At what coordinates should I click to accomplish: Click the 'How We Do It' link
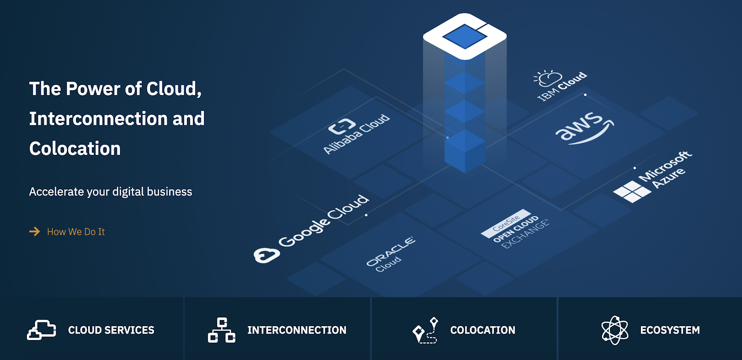coord(76,231)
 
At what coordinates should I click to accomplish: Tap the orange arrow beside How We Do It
coord(34,231)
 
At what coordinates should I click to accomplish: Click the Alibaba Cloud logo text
coord(357,134)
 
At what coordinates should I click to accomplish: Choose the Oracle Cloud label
coord(390,254)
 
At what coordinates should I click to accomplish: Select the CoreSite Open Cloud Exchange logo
coord(514,229)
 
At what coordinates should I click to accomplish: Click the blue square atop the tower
coord(465,37)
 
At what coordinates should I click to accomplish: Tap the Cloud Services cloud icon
coord(41,330)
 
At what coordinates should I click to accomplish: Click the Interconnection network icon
coord(222,330)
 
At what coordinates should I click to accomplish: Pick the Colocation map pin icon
coord(425,330)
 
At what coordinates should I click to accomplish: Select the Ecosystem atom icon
coord(615,330)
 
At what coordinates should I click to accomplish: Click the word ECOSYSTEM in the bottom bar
coord(670,330)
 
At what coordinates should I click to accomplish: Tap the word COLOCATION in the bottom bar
coord(483,330)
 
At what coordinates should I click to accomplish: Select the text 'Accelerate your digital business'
coord(111,192)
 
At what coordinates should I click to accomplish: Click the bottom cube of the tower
coord(465,151)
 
